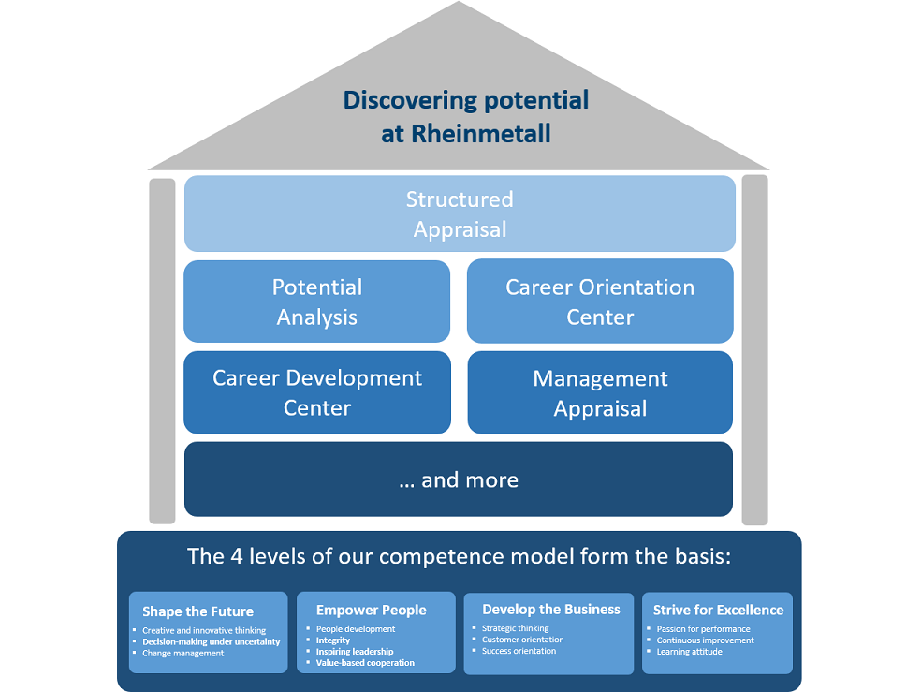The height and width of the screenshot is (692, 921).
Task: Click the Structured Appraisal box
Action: (460, 213)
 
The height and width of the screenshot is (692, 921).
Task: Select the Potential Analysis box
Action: (317, 302)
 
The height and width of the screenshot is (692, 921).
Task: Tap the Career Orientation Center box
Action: (600, 302)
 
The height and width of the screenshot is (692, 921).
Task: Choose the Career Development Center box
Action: (317, 392)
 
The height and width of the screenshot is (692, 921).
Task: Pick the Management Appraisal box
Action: (600, 392)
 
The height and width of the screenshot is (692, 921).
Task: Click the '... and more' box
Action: (459, 479)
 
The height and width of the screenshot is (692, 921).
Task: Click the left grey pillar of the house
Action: (162, 350)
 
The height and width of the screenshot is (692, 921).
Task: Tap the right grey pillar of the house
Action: (754, 350)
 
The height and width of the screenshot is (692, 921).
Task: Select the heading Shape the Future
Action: (197, 611)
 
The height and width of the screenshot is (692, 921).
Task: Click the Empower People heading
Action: (371, 610)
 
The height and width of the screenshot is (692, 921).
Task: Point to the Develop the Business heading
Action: (551, 609)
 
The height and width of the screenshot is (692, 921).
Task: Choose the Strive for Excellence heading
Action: (718, 610)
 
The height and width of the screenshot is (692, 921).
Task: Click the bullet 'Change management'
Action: (183, 653)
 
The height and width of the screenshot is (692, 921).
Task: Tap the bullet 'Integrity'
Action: (333, 640)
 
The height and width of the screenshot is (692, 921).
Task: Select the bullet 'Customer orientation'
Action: (522, 640)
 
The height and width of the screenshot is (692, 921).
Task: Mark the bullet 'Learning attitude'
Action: (689, 652)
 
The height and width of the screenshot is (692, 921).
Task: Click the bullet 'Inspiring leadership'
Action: (355, 652)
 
